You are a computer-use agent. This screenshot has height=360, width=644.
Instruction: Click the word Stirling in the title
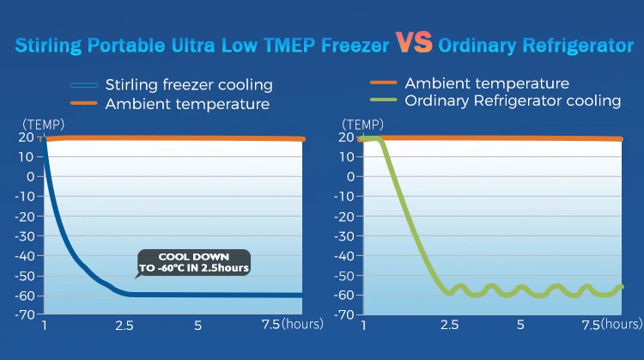(49, 45)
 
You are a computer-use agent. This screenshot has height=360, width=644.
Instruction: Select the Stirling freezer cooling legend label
(189, 85)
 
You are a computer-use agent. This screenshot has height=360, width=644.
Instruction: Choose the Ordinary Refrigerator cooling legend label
(513, 101)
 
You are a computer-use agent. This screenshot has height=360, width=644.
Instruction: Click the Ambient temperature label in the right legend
(486, 83)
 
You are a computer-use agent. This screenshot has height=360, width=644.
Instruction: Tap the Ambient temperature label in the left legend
(187, 104)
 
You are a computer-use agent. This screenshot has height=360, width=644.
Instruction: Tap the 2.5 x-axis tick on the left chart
(125, 325)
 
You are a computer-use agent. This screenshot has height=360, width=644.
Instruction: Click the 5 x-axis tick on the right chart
(520, 325)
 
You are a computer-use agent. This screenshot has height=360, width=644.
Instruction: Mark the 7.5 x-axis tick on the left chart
(269, 325)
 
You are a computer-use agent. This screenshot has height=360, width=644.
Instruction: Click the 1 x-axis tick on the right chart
(363, 325)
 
